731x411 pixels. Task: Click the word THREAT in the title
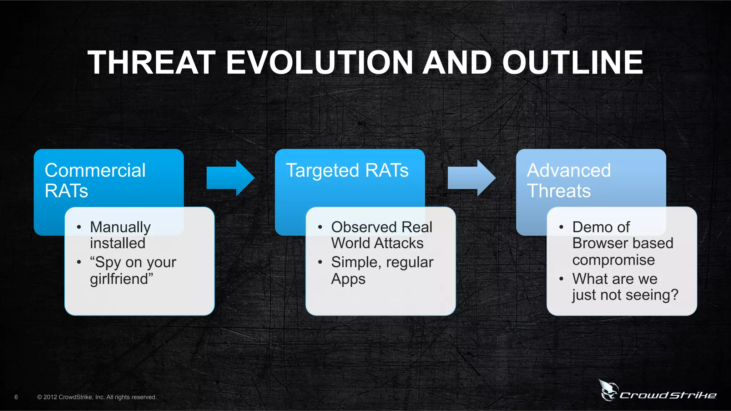(152, 62)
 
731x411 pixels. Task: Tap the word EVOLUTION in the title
(319, 62)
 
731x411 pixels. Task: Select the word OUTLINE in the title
(573, 62)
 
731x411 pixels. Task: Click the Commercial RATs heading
(95, 180)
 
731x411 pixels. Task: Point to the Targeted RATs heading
(347, 170)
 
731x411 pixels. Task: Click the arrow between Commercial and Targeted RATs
(230, 178)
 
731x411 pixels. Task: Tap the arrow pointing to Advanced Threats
(471, 178)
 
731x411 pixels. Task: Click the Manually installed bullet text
(120, 235)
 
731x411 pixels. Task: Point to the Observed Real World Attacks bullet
(381, 235)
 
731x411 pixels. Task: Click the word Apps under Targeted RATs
(348, 279)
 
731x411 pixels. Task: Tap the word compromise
(613, 260)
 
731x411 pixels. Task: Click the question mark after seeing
(674, 295)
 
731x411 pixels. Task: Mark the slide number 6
(16, 397)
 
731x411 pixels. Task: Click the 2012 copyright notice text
(97, 397)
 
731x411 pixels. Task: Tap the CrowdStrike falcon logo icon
(608, 390)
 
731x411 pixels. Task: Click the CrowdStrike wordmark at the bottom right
(668, 395)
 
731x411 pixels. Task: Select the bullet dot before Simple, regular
(320, 262)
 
